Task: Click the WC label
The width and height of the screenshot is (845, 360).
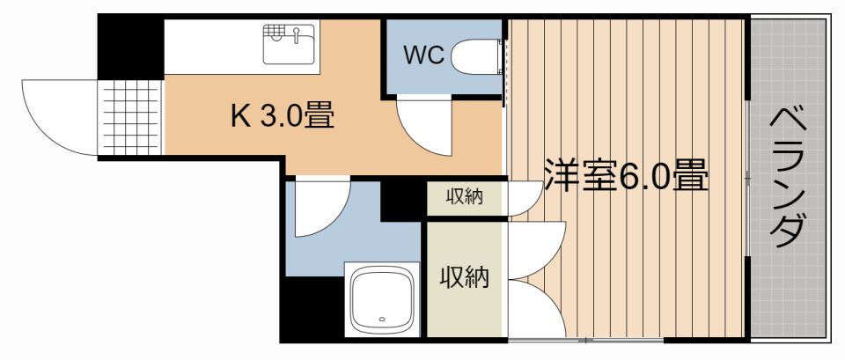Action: click(423, 55)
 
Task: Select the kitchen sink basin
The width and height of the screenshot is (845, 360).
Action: click(289, 45)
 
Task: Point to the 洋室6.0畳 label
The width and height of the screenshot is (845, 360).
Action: click(625, 176)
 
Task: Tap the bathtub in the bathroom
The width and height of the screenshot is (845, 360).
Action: click(382, 299)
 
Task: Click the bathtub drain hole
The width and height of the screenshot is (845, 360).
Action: click(382, 319)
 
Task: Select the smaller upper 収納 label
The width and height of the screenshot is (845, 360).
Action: click(464, 198)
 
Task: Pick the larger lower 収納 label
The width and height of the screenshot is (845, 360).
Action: click(465, 277)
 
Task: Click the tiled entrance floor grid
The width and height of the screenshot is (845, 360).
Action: click(130, 117)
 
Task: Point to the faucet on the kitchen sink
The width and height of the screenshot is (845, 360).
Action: click(296, 35)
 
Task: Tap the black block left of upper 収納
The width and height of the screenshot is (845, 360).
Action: click(403, 201)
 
